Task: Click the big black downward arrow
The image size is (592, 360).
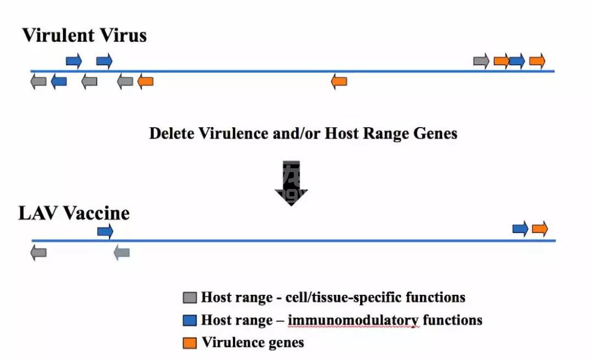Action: (x=291, y=184)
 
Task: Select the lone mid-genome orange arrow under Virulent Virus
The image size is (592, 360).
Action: (x=339, y=82)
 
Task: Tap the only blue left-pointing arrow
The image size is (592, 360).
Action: (x=59, y=82)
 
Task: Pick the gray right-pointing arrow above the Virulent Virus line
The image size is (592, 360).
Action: (x=481, y=61)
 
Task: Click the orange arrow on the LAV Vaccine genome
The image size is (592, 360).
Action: (x=540, y=228)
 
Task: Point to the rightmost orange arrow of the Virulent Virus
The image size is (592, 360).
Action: (x=537, y=61)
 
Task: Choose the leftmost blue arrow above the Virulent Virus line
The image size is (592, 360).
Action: (x=74, y=61)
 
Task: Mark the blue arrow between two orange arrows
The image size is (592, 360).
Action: (x=516, y=61)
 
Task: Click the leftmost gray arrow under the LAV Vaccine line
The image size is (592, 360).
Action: (x=38, y=253)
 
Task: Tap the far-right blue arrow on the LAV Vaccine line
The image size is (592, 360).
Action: (x=520, y=228)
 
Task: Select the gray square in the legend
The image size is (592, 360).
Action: (x=190, y=298)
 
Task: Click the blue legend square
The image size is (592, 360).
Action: (x=190, y=320)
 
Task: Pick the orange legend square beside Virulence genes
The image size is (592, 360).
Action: (x=190, y=342)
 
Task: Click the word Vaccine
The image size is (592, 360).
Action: (x=96, y=213)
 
